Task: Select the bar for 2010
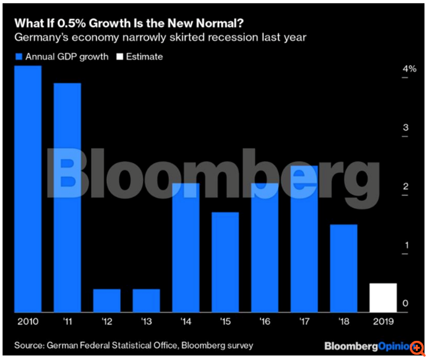pos(28,189)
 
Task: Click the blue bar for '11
pos(67,198)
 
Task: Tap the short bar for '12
pos(107,301)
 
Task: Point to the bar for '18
pos(344,268)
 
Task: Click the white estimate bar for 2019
pos(383,298)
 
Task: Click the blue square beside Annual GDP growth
pos(18,57)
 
